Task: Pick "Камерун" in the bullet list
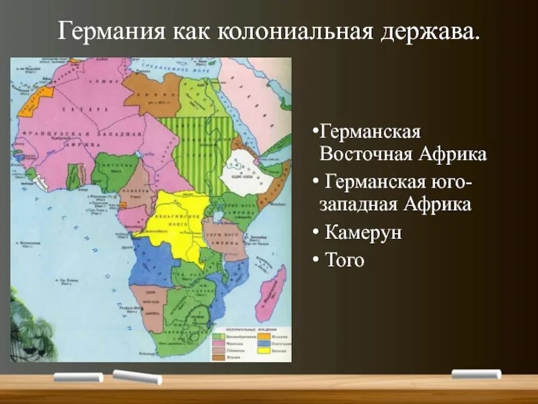[x=363, y=232]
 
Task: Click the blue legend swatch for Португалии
[x=260, y=342]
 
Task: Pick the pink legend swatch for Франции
[x=218, y=342]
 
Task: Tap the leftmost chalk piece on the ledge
[x=78, y=377]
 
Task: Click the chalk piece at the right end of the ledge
[x=476, y=374]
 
